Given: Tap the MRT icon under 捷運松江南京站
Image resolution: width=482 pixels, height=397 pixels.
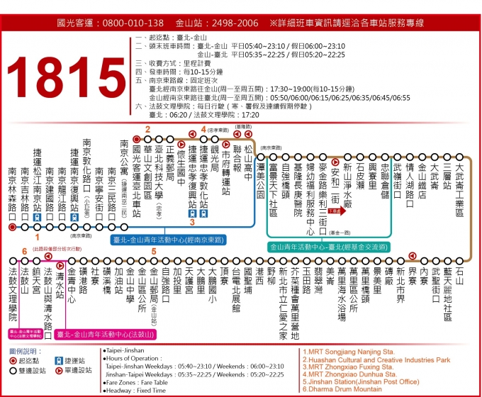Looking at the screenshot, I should pyautogui.click(x=37, y=218).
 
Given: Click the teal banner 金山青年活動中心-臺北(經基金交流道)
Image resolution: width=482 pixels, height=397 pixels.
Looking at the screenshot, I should pyautogui.click(x=328, y=247).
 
